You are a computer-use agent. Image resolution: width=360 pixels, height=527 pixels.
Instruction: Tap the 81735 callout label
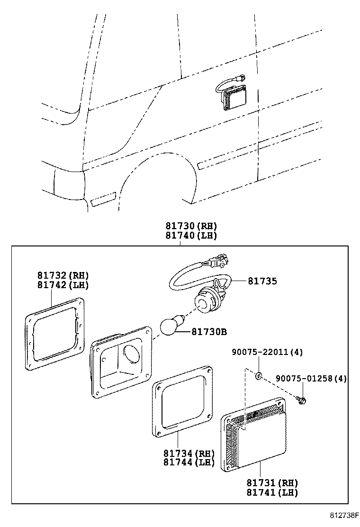tap(262, 281)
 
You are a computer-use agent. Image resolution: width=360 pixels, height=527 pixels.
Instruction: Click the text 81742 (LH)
tap(63, 285)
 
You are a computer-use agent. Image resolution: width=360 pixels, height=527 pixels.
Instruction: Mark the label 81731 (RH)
tap(272, 483)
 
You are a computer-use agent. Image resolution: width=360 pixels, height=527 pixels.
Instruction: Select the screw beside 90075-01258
tap(300, 400)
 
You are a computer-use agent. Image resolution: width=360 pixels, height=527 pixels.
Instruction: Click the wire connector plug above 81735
tap(219, 260)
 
